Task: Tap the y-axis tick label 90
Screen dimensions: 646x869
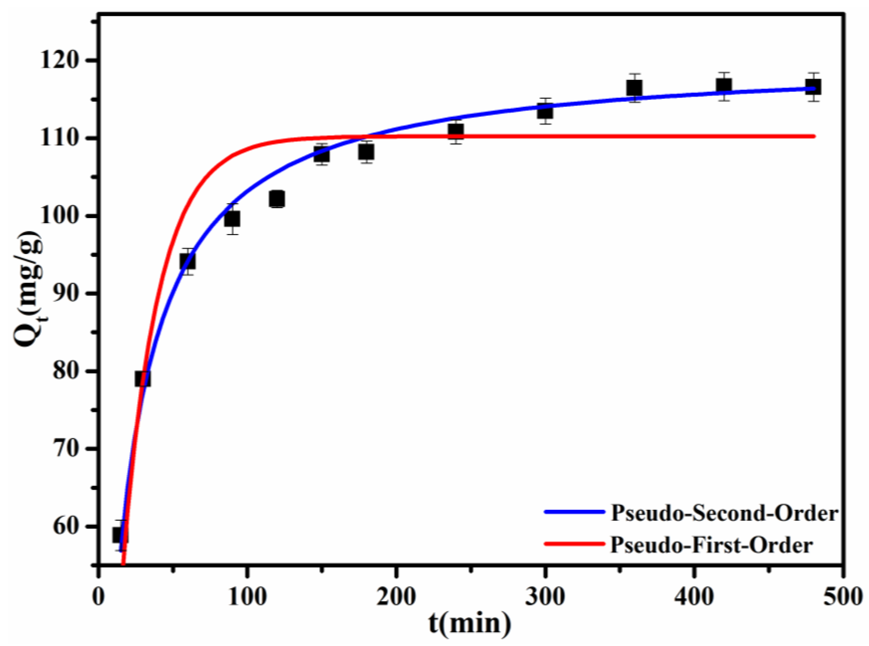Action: pos(69,293)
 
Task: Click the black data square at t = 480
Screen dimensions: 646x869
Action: pos(813,87)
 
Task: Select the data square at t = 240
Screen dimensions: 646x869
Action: pos(456,130)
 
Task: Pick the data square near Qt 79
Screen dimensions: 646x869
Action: pos(143,379)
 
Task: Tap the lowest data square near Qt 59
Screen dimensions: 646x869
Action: pos(120,535)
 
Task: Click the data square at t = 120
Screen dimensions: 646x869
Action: pos(277,199)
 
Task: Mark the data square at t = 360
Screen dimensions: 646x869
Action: pos(634,88)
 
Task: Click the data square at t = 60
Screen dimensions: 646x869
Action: pos(187,261)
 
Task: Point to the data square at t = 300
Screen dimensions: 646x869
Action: pos(545,111)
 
